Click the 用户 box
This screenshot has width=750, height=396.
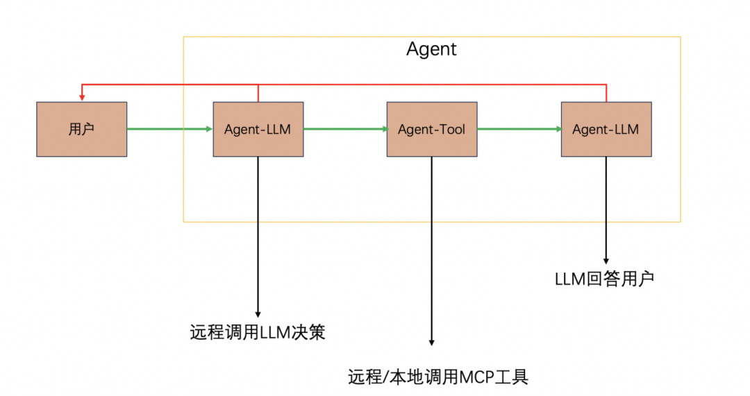click(81, 129)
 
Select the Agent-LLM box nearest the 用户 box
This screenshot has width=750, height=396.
click(258, 129)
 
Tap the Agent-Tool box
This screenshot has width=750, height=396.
click(431, 129)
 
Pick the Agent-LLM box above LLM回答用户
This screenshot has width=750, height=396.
click(606, 129)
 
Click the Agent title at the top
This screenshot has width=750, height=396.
click(431, 49)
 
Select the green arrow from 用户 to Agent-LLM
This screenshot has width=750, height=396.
click(169, 128)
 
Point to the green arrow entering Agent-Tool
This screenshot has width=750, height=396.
click(344, 128)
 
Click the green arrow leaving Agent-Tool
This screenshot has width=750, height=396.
click(519, 128)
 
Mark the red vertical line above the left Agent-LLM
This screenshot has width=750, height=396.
click(258, 93)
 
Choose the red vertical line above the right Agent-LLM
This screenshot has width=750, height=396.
click(606, 93)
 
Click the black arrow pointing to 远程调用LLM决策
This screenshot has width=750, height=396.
click(258, 236)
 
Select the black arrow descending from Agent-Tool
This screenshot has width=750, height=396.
click(432, 250)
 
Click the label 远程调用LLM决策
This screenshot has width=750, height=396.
click(258, 333)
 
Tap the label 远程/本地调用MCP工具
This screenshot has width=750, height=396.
click(438, 377)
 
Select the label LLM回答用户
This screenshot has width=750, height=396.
click(604, 279)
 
